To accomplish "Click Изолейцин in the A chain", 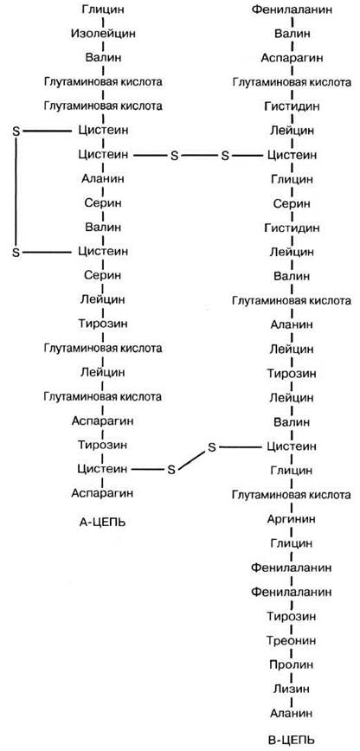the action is pyautogui.click(x=103, y=34).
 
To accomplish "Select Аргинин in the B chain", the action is pyautogui.click(x=292, y=520).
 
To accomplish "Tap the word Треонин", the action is pyautogui.click(x=292, y=640).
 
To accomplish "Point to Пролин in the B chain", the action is pyautogui.click(x=292, y=664).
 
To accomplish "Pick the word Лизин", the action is pyautogui.click(x=292, y=690).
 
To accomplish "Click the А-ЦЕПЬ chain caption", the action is pyautogui.click(x=103, y=522).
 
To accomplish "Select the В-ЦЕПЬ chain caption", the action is pyautogui.click(x=292, y=738).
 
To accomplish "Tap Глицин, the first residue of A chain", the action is pyautogui.click(x=103, y=10).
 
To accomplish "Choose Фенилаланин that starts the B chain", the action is pyautogui.click(x=292, y=10).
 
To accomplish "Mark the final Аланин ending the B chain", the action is pyautogui.click(x=292, y=713).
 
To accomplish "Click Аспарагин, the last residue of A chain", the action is pyautogui.click(x=103, y=492).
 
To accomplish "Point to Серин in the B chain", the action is pyautogui.click(x=292, y=203).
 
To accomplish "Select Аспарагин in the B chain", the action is pyautogui.click(x=292, y=58).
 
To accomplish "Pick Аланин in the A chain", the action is pyautogui.click(x=103, y=179).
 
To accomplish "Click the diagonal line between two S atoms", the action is pyautogui.click(x=192, y=459).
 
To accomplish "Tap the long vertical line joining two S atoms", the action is pyautogui.click(x=16, y=191).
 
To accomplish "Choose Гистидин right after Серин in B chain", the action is pyautogui.click(x=292, y=228).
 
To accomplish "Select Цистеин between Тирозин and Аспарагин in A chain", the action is pyautogui.click(x=103, y=468).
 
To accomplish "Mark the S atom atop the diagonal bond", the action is pyautogui.click(x=212, y=447).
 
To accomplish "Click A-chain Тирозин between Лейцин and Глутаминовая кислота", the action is pyautogui.click(x=103, y=324).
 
